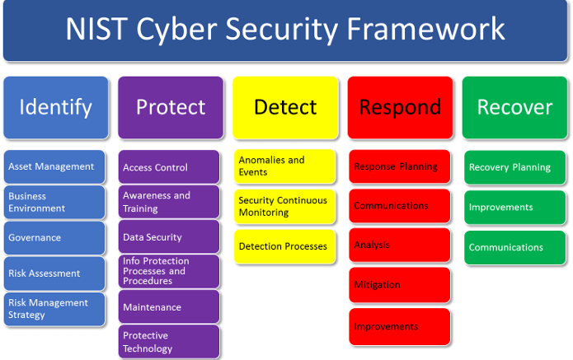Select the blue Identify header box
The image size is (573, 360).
point(55,107)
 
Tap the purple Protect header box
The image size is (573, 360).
point(170,107)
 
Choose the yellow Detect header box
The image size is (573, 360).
point(285,107)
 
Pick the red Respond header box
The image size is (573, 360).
point(400,107)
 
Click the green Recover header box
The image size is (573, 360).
point(514,107)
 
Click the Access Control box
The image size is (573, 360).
point(169,167)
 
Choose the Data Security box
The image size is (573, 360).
point(169,237)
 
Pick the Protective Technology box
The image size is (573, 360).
point(169,342)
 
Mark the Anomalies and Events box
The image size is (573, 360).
point(284,166)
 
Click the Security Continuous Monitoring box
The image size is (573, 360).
point(284,206)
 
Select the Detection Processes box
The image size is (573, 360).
point(284,246)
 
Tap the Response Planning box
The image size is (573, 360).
point(399,166)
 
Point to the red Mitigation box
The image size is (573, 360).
point(399,285)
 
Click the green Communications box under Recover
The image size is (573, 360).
point(514,247)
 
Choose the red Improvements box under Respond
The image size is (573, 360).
point(399,326)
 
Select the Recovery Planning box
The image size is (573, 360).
point(514,167)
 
